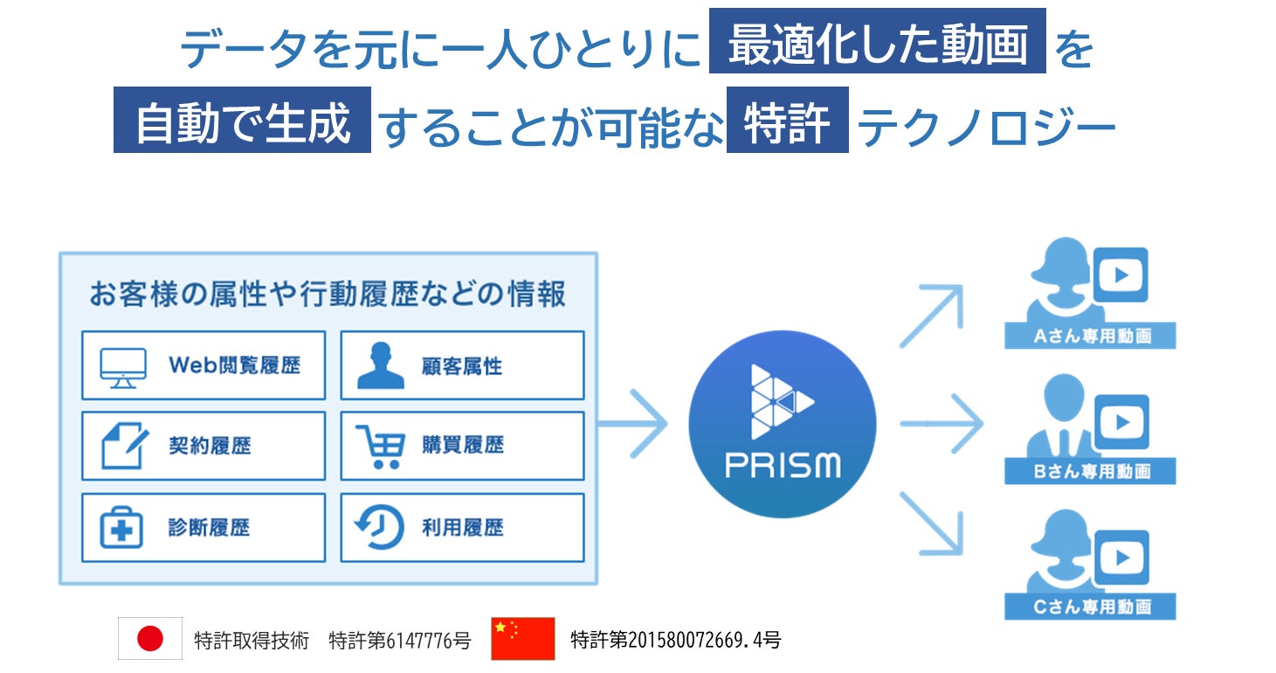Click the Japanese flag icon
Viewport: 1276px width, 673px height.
tap(150, 639)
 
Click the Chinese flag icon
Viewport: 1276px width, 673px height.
tap(522, 639)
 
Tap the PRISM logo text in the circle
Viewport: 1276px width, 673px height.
tap(783, 464)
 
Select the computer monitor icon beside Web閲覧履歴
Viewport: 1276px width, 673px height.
tap(123, 367)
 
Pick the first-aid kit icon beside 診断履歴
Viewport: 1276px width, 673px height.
tap(122, 528)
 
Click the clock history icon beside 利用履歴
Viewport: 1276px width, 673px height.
tap(380, 528)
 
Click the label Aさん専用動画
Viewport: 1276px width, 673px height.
tap(1090, 336)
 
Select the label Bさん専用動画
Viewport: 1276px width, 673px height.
tap(1090, 472)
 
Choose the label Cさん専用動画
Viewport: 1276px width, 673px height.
tap(1090, 607)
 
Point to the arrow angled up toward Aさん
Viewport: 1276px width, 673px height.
tap(932, 316)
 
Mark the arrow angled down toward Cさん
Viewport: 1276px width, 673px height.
tap(932, 524)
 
